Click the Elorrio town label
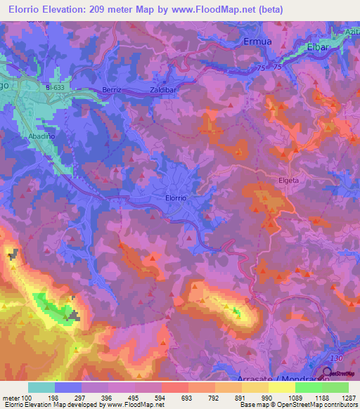tap(175, 198)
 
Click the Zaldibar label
tap(163, 91)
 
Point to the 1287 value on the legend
tap(349, 398)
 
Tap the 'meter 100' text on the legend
tap(15, 398)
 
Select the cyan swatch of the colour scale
tap(41, 387)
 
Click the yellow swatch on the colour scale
tap(282, 387)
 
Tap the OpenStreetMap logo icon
tap(328, 372)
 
